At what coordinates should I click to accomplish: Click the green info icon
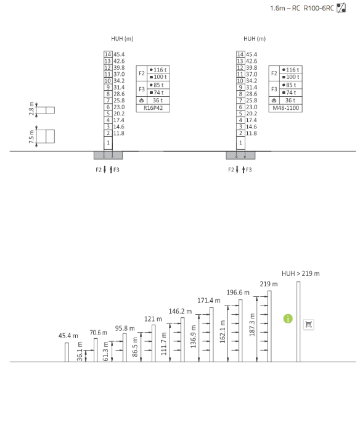[x=288, y=319]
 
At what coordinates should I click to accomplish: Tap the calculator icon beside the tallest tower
[x=309, y=324]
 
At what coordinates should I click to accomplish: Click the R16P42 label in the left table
[x=153, y=108]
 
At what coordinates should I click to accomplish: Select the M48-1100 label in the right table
[x=285, y=108]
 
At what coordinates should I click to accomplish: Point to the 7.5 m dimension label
[x=31, y=136]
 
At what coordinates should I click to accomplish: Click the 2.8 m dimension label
[x=31, y=109]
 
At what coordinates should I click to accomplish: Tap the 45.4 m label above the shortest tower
[x=68, y=336]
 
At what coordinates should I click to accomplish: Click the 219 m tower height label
[x=269, y=284]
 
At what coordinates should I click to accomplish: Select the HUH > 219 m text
[x=301, y=273]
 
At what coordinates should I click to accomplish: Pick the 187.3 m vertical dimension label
[x=252, y=325]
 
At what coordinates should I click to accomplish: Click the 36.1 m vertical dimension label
[x=80, y=351]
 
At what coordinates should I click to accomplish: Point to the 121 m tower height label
[x=153, y=319]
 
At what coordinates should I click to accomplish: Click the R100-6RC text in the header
[x=319, y=8]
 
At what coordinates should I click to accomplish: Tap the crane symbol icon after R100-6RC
[x=342, y=7]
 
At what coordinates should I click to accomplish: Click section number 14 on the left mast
[x=108, y=54]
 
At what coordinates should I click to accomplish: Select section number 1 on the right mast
[x=240, y=143]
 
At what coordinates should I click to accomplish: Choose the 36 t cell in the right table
[x=290, y=101]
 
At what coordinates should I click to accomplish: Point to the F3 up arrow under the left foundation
[x=111, y=170]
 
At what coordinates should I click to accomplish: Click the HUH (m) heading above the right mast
[x=255, y=39]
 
